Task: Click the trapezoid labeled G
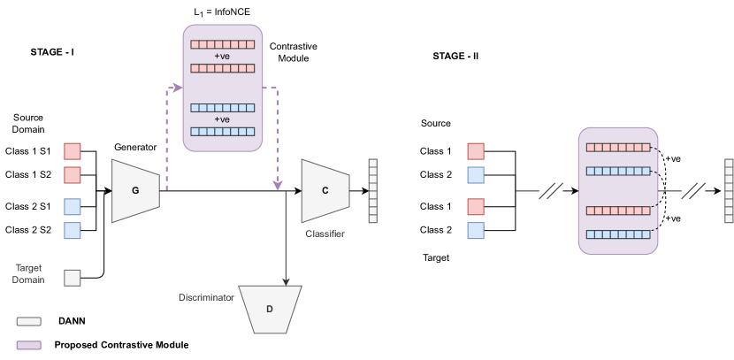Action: pyautogui.click(x=135, y=190)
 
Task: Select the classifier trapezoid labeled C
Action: pyautogui.click(x=325, y=190)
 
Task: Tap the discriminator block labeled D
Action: pyautogui.click(x=270, y=310)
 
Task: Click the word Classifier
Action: pyautogui.click(x=325, y=234)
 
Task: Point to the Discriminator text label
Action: pyautogui.click(x=204, y=298)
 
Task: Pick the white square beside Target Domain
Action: pyautogui.click(x=73, y=278)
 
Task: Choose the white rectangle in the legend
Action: pyautogui.click(x=28, y=322)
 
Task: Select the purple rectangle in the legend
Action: pyautogui.click(x=28, y=344)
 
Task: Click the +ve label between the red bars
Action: pyautogui.click(x=222, y=56)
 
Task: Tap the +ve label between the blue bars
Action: pyautogui.click(x=222, y=119)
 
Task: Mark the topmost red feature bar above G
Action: pyautogui.click(x=222, y=44)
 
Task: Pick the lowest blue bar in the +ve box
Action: pyautogui.click(x=222, y=131)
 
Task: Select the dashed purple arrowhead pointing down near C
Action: pyautogui.click(x=277, y=186)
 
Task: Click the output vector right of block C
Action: pyautogui.click(x=372, y=190)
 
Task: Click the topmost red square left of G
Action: pyautogui.click(x=73, y=151)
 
